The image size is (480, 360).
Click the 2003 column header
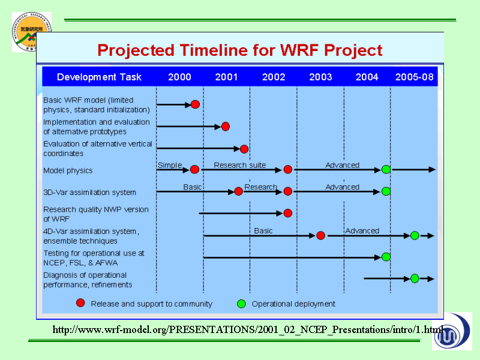click(x=320, y=77)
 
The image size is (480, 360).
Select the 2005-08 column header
click(x=414, y=77)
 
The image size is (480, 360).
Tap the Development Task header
click(x=99, y=77)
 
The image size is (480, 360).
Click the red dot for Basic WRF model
click(x=196, y=104)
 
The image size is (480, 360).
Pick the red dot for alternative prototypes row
click(x=226, y=127)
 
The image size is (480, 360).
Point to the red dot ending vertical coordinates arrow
click(x=244, y=149)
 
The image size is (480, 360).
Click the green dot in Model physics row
click(x=386, y=169)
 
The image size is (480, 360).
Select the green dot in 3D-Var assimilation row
click(x=386, y=191)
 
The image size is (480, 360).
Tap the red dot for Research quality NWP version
click(x=288, y=213)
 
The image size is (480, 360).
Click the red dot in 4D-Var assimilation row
click(x=321, y=235)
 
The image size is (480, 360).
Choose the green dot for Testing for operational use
click(x=386, y=257)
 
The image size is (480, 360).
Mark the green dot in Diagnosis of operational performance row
click(x=415, y=278)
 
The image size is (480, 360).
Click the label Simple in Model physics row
click(x=170, y=166)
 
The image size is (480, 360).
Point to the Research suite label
click(x=239, y=166)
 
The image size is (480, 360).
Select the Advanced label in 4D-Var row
click(x=362, y=231)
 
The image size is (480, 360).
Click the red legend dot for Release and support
click(x=80, y=303)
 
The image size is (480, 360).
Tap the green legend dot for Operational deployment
click(x=242, y=304)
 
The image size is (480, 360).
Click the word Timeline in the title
click(x=214, y=50)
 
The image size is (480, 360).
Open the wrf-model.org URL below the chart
click(x=248, y=329)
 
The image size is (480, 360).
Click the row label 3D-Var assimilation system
click(x=89, y=193)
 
